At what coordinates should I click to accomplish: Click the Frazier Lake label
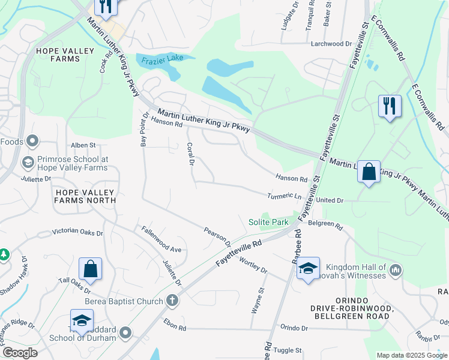[x=160, y=59]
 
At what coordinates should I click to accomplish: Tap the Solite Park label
[x=268, y=222]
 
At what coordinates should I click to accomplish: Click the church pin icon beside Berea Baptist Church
[x=172, y=300]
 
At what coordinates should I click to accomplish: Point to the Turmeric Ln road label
[x=285, y=196]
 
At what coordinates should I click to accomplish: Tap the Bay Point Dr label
[x=144, y=129]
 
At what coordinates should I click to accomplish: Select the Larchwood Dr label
[x=331, y=44]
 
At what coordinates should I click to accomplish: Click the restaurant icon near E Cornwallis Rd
[x=390, y=106]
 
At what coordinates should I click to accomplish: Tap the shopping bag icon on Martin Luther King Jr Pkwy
[x=369, y=172]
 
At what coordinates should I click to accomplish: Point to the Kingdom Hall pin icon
[x=395, y=270]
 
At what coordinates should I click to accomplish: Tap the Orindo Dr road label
[x=294, y=328]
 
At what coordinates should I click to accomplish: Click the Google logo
[x=19, y=353]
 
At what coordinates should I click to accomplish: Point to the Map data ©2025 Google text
[x=411, y=355]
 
